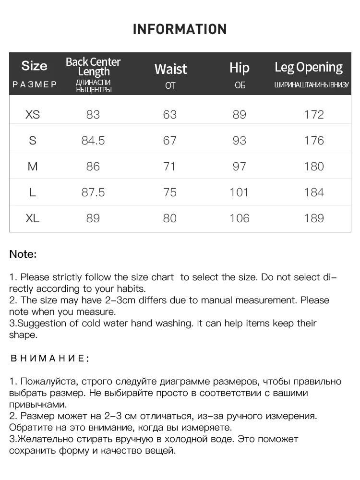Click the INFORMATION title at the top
(180, 29)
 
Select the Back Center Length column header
(93, 67)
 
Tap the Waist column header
(170, 69)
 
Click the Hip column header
(239, 68)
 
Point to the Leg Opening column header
(309, 67)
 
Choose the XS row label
(33, 115)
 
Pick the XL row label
(33, 218)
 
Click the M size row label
(33, 167)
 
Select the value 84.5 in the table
(93, 141)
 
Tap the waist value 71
(170, 167)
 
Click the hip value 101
(239, 192)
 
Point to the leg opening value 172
(314, 115)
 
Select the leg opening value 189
(314, 218)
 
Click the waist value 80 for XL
(170, 218)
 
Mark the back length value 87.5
(93, 192)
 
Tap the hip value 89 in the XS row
(239, 115)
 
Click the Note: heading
(23, 254)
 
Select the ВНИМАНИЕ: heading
(49, 358)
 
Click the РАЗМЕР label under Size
(35, 85)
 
